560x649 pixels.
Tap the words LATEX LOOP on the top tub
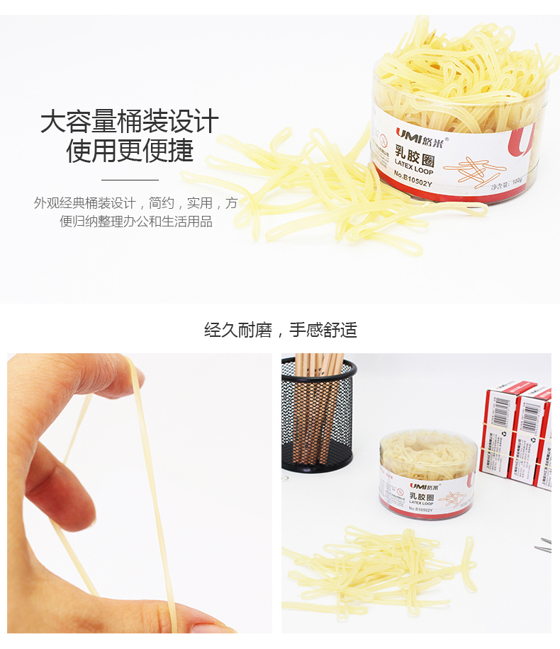pos(413,171)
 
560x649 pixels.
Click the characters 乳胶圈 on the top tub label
pos(415,157)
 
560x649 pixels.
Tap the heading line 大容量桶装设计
pos(129,122)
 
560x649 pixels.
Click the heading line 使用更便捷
pos(129,150)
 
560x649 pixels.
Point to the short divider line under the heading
pos(129,180)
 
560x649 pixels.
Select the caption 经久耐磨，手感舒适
pos(280,330)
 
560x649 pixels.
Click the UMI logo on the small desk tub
pos(397,490)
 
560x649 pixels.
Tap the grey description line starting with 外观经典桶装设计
pos(135,204)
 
